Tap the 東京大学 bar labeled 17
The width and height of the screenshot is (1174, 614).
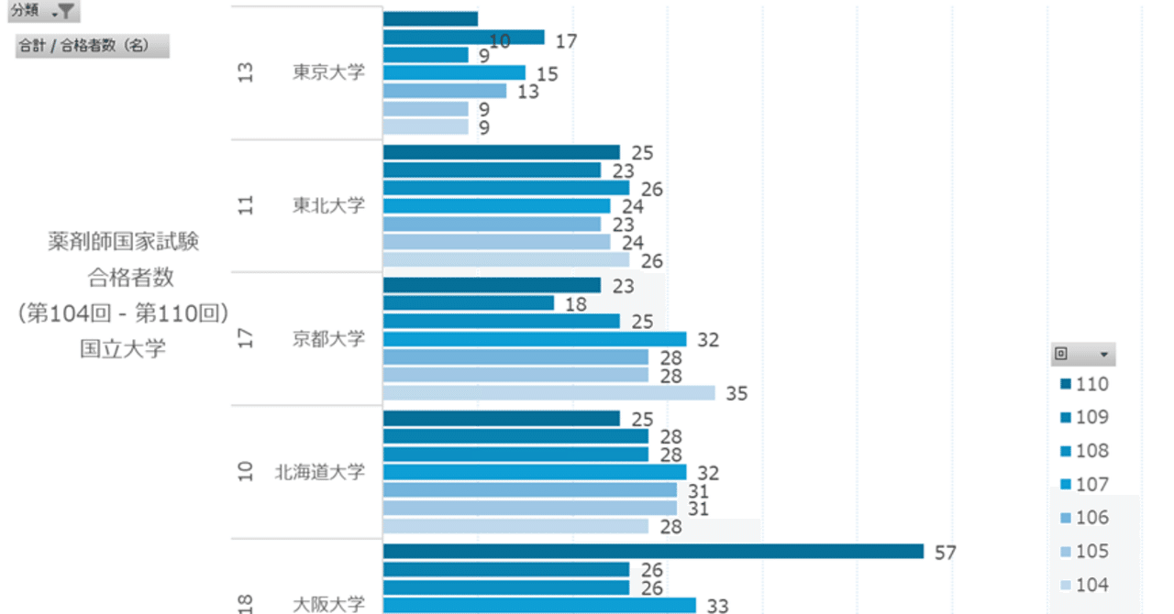463,38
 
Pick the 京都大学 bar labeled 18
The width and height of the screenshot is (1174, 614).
468,303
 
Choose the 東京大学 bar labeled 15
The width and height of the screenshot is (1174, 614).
454,72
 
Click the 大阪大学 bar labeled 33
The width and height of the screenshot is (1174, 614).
539,605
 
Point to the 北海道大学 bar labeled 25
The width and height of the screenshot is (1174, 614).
501,419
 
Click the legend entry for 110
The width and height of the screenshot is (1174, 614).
1084,384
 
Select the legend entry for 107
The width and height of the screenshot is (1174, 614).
1084,484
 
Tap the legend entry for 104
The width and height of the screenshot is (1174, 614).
1084,585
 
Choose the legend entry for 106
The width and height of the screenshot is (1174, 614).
1084,518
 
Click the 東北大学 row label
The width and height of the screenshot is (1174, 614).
328,205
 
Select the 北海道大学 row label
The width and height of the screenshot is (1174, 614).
319,472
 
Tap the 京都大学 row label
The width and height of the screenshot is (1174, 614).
328,338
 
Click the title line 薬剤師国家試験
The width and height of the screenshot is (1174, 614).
123,242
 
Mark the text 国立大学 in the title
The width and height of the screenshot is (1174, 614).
123,349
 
